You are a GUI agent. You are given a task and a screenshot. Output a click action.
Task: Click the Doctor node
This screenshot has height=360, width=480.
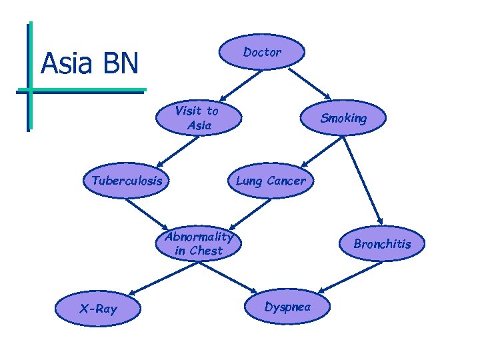[262, 52]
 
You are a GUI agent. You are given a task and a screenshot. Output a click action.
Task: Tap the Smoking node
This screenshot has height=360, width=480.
[343, 119]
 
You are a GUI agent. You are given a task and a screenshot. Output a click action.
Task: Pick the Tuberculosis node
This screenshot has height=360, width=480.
[127, 181]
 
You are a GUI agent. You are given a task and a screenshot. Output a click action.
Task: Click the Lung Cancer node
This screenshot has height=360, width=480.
[270, 181]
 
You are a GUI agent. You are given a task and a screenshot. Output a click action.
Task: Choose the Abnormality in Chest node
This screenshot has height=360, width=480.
[199, 243]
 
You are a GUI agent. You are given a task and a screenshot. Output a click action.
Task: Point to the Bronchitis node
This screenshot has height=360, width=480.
[382, 244]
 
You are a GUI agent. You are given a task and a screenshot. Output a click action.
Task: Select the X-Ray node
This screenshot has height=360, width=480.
[98, 308]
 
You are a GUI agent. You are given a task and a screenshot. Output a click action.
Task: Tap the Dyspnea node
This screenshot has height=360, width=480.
[287, 307]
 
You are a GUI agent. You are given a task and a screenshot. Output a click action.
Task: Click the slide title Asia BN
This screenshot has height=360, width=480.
[89, 64]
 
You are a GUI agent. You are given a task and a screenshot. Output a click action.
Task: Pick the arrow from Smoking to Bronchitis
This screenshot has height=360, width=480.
[364, 176]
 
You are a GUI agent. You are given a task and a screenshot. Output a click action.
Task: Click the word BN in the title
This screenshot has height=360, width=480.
[121, 64]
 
